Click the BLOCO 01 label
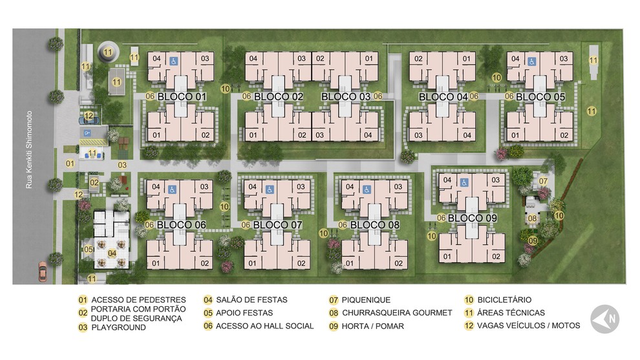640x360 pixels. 182,97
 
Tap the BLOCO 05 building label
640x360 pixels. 540,97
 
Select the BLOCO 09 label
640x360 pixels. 473,218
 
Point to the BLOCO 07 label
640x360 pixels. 277,225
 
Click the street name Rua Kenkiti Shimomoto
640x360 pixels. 29,150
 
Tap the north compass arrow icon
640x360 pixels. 605,319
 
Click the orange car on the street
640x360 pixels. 43,271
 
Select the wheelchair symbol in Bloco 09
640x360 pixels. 464,182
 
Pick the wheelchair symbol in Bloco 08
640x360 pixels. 367,189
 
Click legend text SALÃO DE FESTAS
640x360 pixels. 251,300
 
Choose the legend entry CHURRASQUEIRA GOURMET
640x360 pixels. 397,313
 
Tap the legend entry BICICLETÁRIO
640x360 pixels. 504,300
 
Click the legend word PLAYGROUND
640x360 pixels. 118,327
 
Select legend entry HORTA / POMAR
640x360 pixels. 372,326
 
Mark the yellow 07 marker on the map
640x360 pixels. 543,181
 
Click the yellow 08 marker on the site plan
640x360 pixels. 532,218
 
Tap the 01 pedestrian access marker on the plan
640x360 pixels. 70,164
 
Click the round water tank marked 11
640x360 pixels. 108,52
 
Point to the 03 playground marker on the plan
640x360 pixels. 122,165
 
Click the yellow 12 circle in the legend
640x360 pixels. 469,326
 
